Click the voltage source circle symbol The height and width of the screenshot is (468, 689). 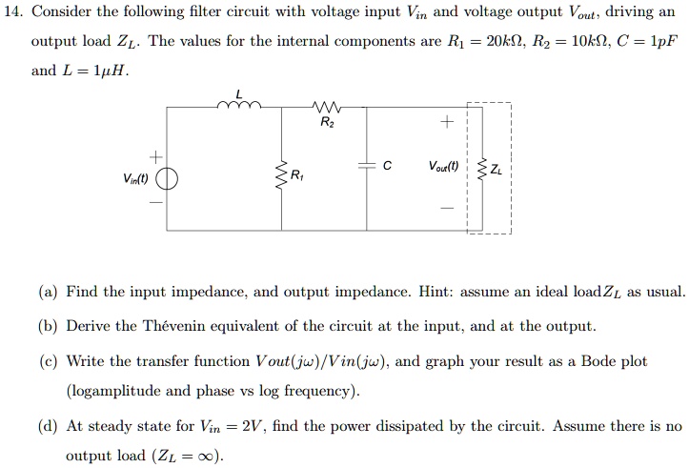point(167,179)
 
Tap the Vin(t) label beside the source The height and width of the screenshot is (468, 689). point(134,179)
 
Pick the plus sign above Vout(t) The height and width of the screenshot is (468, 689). point(442,124)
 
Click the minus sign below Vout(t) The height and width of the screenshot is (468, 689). point(442,210)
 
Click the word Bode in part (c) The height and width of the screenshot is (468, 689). point(595,362)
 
